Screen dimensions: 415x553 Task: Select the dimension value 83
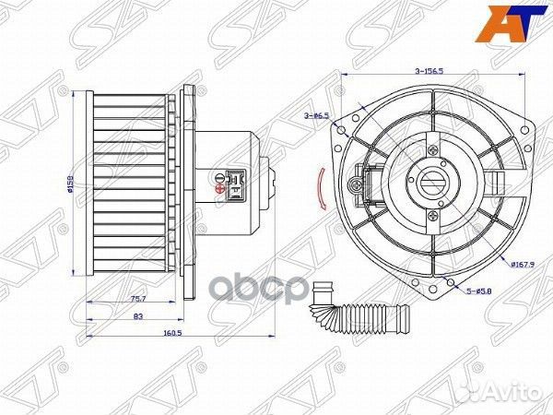click(x=137, y=317)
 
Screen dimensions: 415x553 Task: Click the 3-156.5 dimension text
click(x=429, y=70)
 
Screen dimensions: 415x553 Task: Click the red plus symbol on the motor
click(x=218, y=188)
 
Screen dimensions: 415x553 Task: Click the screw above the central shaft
click(x=431, y=146)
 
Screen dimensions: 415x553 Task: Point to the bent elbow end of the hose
click(x=321, y=291)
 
